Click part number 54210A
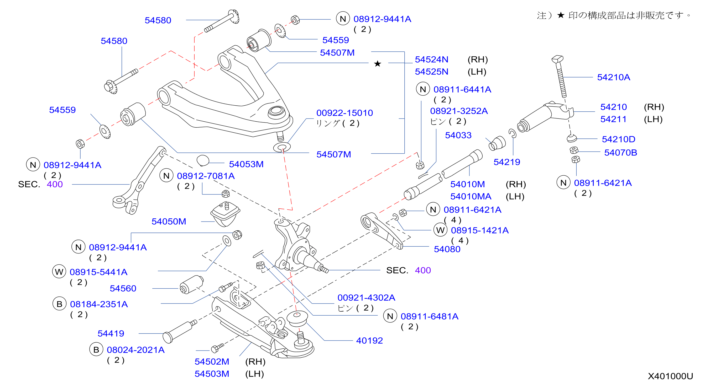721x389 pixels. pyautogui.click(x=614, y=77)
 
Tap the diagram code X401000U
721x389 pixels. pyautogui.click(x=670, y=376)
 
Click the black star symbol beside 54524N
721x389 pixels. pyautogui.click(x=378, y=64)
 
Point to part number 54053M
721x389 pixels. pyautogui.click(x=246, y=164)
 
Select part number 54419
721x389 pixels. pyautogui.click(x=111, y=333)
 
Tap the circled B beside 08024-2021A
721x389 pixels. pyautogui.click(x=96, y=350)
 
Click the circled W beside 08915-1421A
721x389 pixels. pyautogui.click(x=440, y=230)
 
